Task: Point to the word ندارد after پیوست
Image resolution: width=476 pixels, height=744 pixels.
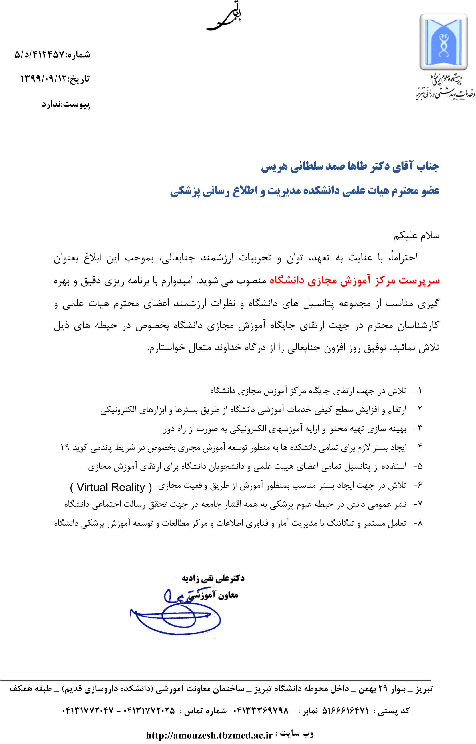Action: point(52,104)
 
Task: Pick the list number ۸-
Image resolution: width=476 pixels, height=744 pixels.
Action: point(418,523)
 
